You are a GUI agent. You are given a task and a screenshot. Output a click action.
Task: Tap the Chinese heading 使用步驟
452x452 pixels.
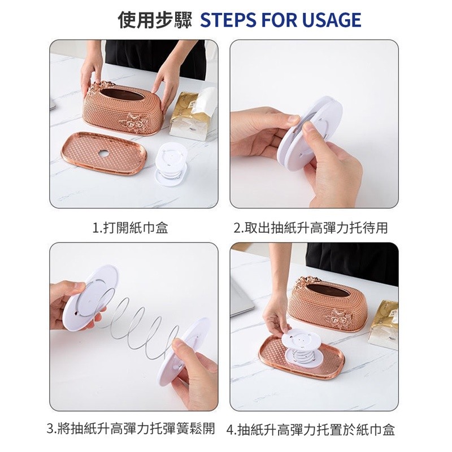pos(155,20)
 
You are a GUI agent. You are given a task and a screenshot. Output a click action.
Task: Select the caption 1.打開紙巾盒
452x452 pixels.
pos(130,228)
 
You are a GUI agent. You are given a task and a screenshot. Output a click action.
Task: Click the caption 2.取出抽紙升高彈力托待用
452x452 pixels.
pos(310,228)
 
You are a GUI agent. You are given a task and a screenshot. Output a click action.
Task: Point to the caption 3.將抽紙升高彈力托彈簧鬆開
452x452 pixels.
pos(131,428)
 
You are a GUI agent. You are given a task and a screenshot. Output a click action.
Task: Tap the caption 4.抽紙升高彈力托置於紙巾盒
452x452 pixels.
pos(310,429)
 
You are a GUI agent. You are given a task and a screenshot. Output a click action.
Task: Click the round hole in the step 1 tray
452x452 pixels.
pos(102,154)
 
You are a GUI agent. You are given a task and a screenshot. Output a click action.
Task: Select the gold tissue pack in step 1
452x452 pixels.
pos(192,115)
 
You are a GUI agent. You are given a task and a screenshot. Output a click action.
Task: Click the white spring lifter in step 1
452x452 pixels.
pos(171,164)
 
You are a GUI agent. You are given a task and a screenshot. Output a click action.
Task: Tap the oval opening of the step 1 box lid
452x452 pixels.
pos(123,94)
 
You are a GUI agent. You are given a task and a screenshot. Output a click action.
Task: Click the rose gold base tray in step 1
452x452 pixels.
pos(105,153)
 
